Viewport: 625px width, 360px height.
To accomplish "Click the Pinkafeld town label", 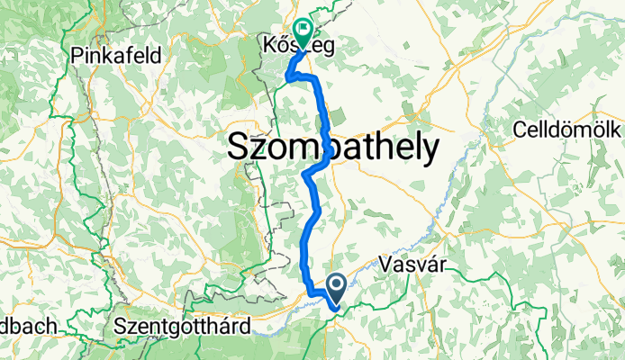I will [x=116, y=55].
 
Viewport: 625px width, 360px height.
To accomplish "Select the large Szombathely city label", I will [x=333, y=148].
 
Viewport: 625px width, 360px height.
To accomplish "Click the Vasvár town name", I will [x=415, y=265].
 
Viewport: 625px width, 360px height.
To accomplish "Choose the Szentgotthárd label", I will [x=183, y=326].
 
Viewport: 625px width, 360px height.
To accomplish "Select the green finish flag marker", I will [x=302, y=31].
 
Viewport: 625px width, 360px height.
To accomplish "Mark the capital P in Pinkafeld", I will [x=77, y=55].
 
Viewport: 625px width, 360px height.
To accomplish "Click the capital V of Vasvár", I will [x=388, y=265].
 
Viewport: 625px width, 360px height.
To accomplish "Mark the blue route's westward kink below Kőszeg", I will [x=290, y=78].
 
